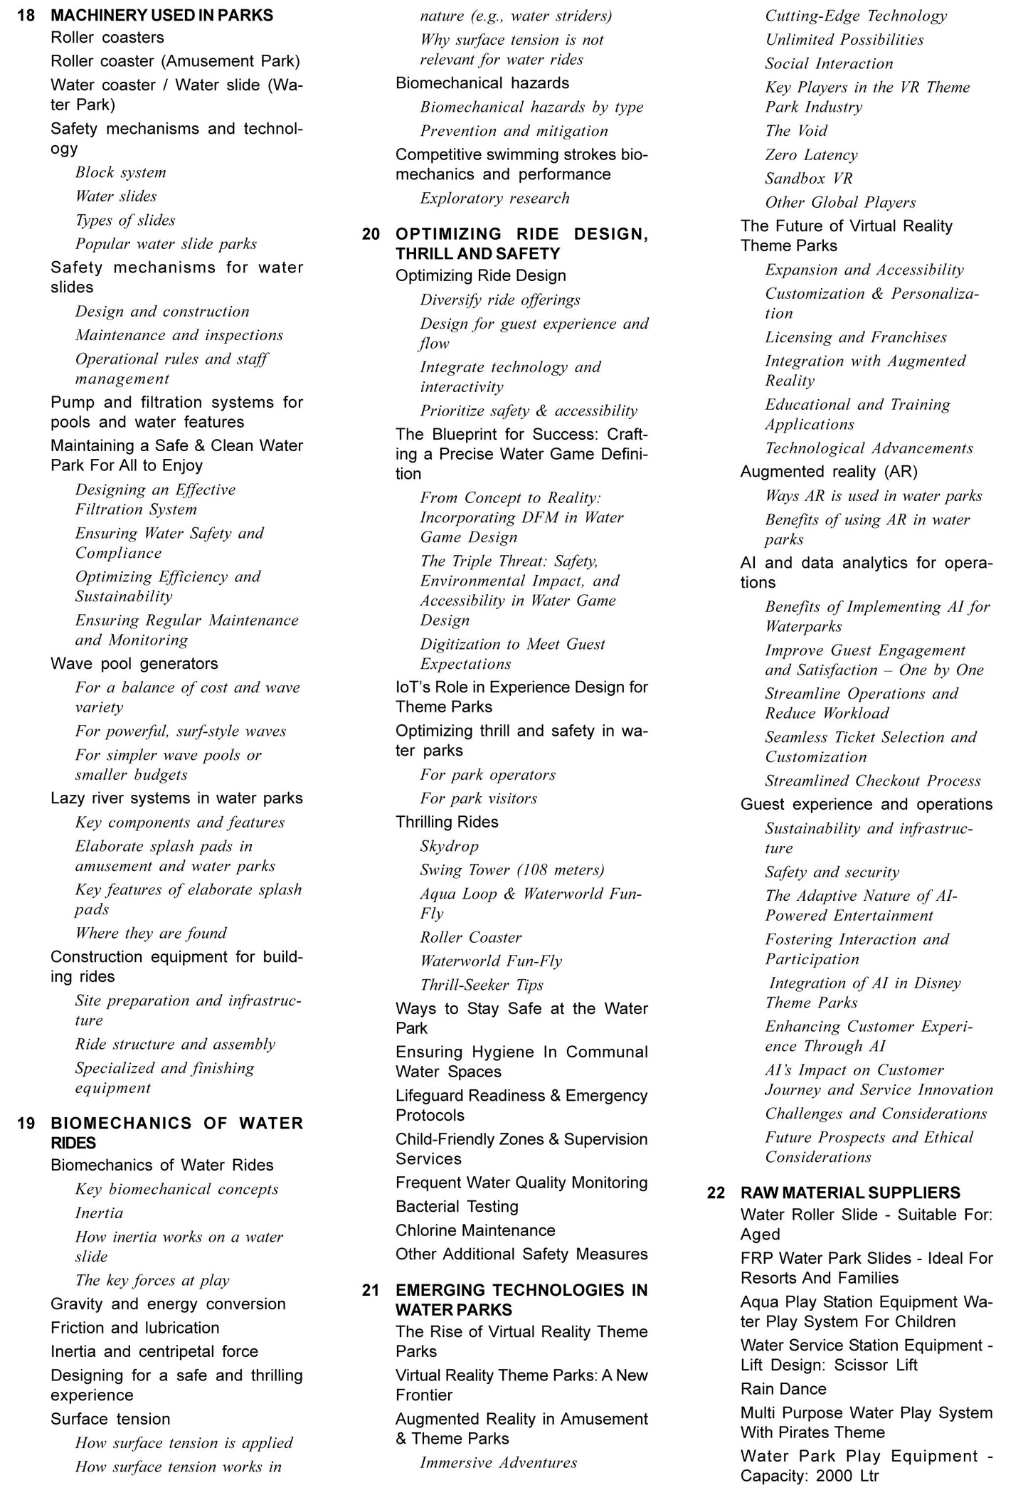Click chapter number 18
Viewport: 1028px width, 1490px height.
point(26,15)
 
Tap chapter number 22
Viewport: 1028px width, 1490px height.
point(716,1193)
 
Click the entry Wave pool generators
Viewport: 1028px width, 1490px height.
point(134,663)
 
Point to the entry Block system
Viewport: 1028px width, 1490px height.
point(120,173)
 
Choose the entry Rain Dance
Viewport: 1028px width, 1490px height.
point(783,1389)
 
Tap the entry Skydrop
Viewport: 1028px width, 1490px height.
point(449,846)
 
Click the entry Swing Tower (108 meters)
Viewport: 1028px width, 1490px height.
point(512,870)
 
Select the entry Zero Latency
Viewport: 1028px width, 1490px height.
point(811,155)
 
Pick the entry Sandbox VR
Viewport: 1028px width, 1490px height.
point(808,179)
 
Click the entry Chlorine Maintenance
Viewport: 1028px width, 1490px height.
point(475,1230)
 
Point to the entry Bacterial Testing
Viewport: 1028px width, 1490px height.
point(457,1207)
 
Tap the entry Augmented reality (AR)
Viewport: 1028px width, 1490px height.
point(829,471)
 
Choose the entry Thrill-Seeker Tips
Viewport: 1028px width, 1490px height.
point(481,985)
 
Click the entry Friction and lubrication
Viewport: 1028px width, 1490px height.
point(134,1328)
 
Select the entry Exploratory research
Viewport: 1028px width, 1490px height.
point(494,199)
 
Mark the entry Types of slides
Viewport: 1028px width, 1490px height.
point(125,220)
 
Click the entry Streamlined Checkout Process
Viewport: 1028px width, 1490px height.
point(872,781)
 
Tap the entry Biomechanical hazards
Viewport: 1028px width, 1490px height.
point(482,83)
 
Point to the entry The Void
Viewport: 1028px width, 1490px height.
point(796,131)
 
